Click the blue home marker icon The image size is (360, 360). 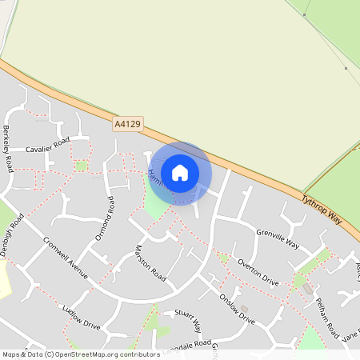click(x=180, y=172)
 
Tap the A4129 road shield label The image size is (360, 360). click(x=127, y=124)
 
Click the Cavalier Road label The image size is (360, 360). click(x=49, y=149)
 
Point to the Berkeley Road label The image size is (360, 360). click(x=8, y=148)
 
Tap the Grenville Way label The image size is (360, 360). click(x=278, y=237)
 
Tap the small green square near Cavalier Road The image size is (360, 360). click(x=81, y=166)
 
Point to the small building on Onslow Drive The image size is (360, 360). click(x=245, y=309)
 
